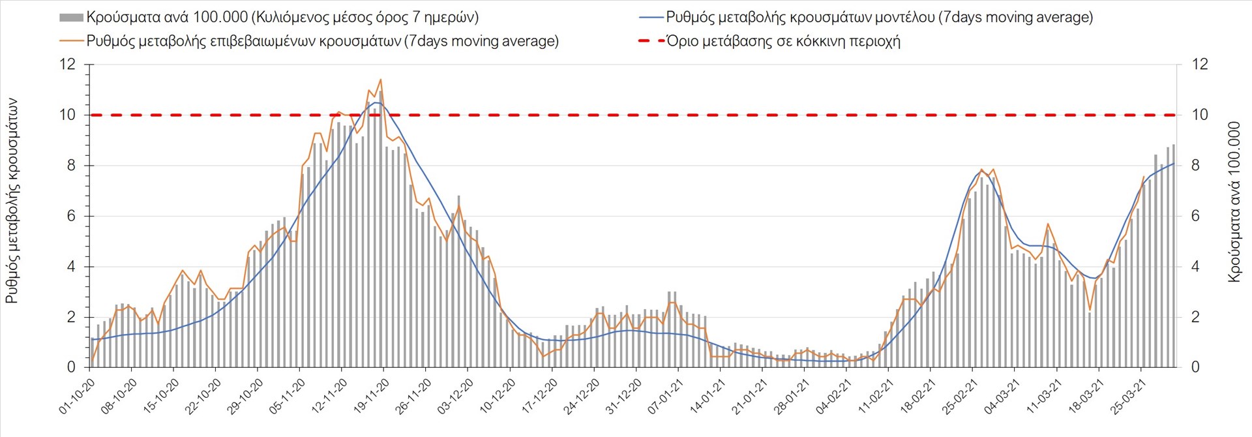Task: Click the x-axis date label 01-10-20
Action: coord(77,397)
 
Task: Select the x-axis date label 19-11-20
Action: coord(371,397)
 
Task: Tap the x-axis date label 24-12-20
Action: coord(581,397)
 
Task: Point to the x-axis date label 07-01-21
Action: coord(665,397)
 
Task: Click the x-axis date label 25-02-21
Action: coord(960,397)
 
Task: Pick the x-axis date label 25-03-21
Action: coord(1128,397)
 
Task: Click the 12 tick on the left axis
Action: coord(67,64)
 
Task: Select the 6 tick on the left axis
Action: coord(71,216)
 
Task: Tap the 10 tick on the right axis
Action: coord(1200,115)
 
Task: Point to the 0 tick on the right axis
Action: coord(1195,367)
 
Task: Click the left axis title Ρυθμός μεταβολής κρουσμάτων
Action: coord(12,201)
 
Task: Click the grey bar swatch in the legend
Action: coord(71,18)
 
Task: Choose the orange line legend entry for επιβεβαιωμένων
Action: coord(322,41)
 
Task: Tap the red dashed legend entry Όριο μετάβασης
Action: coord(782,41)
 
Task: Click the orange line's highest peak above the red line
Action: coord(381,80)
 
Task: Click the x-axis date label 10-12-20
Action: coord(498,397)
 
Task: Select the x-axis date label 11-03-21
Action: coord(1044,397)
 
